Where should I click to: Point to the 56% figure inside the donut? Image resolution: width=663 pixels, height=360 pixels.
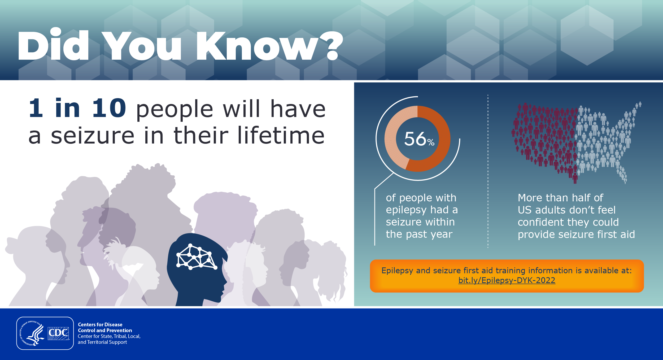click(419, 139)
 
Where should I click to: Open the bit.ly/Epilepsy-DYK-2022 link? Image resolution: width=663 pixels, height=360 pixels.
click(507, 280)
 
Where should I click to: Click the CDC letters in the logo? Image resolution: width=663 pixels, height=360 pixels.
click(58, 333)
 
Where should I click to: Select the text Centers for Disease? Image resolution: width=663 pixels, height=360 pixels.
click(100, 324)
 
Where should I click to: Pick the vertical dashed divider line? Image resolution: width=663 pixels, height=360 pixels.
click(488, 171)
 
